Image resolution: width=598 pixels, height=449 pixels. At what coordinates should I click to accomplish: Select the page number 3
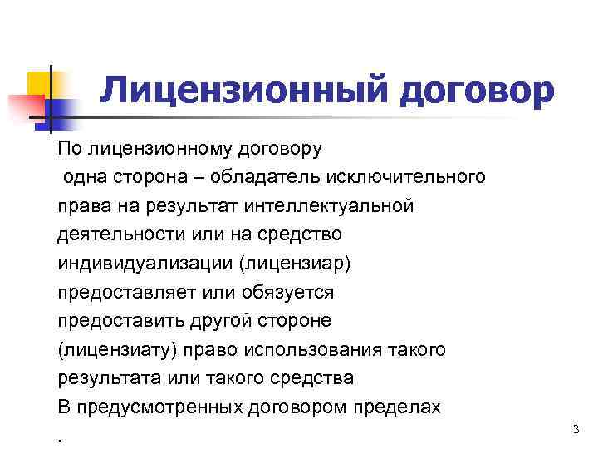(x=575, y=428)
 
